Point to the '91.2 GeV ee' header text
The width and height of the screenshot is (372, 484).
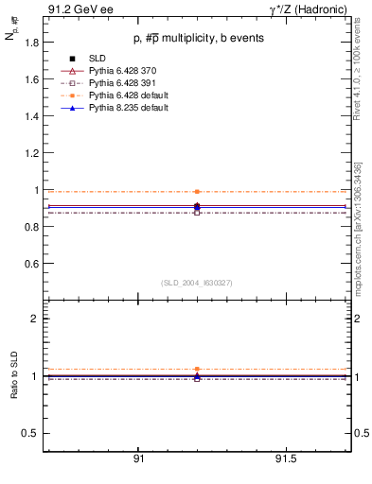[x=76, y=9]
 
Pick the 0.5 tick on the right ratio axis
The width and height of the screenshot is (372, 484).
[x=360, y=433]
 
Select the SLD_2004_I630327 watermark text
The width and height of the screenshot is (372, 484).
[x=197, y=282]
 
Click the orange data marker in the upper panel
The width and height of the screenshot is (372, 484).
[x=197, y=192]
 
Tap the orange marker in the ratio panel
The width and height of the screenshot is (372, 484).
[x=197, y=369]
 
